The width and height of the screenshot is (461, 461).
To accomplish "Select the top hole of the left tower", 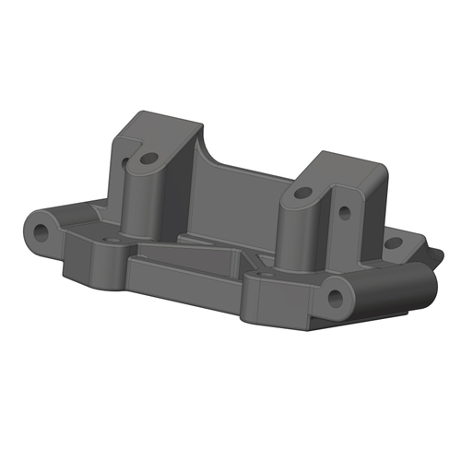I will (145, 158).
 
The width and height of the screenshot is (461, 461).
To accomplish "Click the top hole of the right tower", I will (303, 194).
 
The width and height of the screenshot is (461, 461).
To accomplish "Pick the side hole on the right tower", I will (344, 212).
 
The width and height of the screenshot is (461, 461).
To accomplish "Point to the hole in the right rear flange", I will (391, 244).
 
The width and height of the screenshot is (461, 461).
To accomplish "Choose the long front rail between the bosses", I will (184, 277).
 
